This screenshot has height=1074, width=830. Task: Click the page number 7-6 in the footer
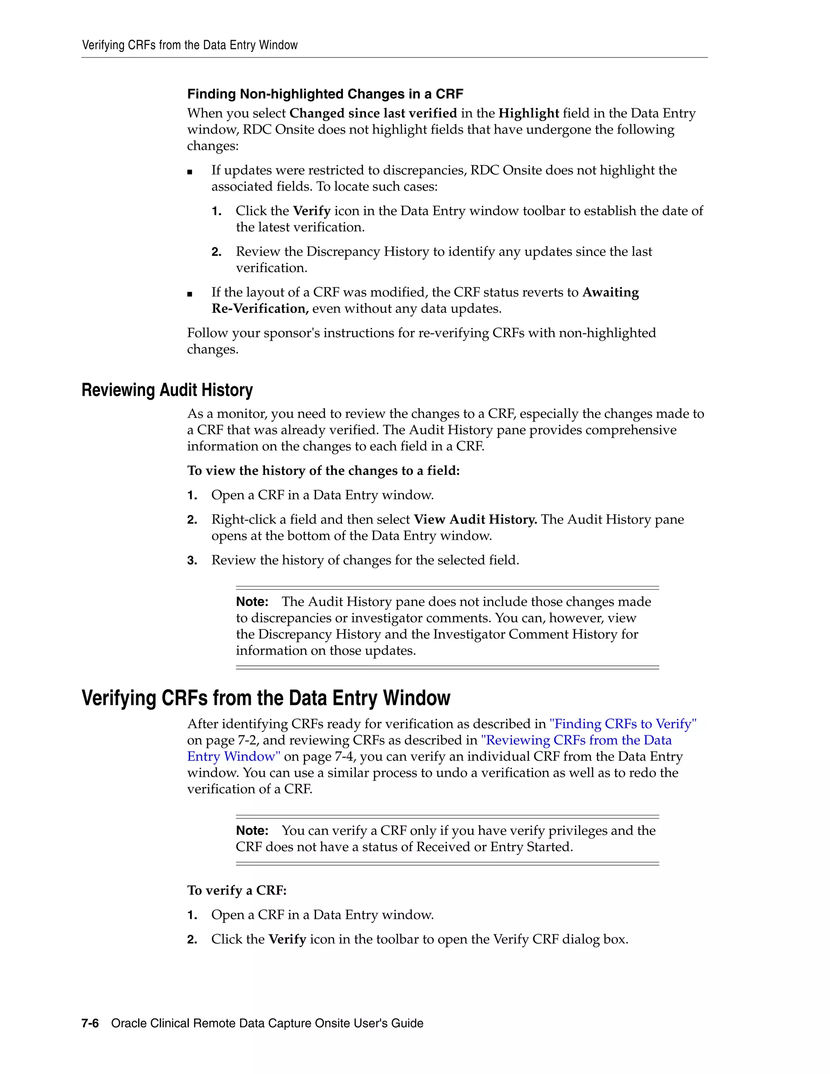tap(90, 1023)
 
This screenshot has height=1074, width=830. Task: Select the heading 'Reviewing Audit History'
tap(167, 390)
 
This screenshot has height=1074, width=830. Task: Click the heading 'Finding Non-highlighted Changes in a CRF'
tap(325, 94)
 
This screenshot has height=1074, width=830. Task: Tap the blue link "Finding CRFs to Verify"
tap(623, 724)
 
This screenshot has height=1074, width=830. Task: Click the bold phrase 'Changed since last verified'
tap(373, 113)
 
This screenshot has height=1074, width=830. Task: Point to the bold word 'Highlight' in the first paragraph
tap(528, 113)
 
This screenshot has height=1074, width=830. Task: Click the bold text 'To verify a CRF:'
tap(237, 890)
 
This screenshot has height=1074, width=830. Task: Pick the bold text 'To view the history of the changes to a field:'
tap(323, 471)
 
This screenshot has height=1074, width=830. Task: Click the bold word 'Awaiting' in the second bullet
tap(611, 292)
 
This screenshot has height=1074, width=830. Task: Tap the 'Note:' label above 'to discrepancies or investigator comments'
tap(252, 602)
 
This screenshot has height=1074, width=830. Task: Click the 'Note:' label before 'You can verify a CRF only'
tap(252, 830)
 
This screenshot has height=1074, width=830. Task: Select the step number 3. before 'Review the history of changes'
tap(192, 561)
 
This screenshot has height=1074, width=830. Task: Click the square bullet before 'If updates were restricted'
tap(190, 171)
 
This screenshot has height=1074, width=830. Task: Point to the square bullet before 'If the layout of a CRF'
tap(190, 293)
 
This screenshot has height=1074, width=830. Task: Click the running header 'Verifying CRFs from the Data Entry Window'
tap(190, 45)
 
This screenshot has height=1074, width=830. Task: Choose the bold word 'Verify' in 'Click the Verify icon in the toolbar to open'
tap(287, 939)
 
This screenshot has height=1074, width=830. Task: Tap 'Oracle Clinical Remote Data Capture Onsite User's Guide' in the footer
tap(267, 1023)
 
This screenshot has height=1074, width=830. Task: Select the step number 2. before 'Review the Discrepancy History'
tap(216, 252)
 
